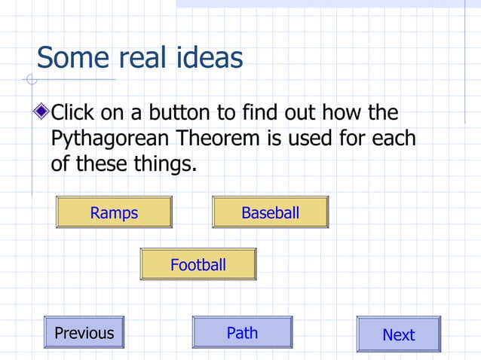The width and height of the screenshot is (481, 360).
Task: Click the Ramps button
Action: [114, 212]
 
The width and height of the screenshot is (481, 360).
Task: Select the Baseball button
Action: [270, 212]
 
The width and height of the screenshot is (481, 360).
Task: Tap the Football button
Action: [198, 264]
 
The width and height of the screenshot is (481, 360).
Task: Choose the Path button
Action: [242, 332]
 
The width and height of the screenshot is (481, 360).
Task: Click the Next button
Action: [398, 334]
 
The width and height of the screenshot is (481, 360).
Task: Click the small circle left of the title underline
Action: [31, 79]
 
